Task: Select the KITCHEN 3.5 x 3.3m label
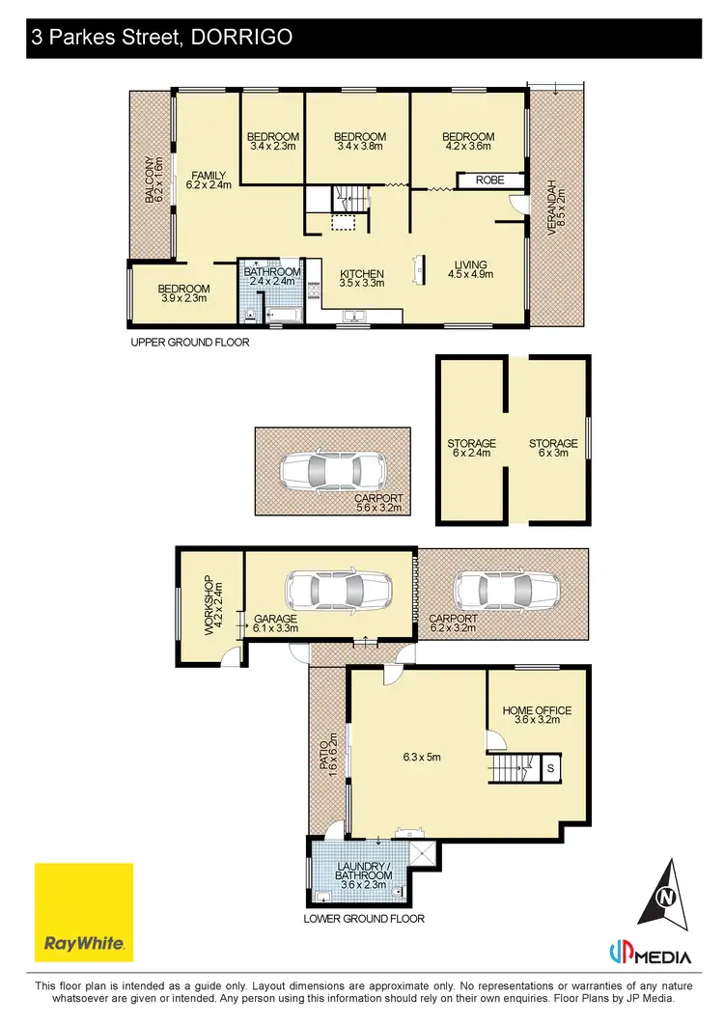click(x=362, y=279)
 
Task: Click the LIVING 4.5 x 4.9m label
click(x=469, y=269)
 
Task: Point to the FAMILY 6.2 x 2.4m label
click(x=208, y=180)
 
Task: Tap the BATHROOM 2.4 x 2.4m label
click(x=271, y=278)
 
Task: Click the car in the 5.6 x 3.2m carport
click(x=331, y=471)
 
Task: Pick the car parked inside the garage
click(x=338, y=589)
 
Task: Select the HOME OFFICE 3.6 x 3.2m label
click(x=537, y=715)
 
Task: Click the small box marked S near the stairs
click(x=549, y=768)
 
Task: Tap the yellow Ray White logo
click(x=84, y=911)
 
